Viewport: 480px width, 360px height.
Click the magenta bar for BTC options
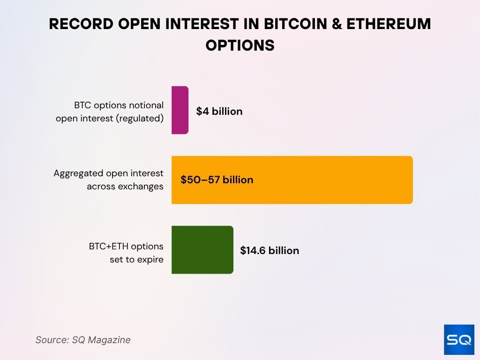pos(180,110)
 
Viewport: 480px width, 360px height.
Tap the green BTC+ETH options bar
pos(202,250)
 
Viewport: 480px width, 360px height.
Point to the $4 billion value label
pos(219,112)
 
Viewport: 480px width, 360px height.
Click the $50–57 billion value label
pos(217,180)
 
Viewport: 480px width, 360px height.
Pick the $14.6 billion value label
pos(270,251)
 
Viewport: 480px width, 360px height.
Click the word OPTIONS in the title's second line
pos(240,45)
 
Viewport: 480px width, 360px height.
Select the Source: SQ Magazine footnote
pos(83,340)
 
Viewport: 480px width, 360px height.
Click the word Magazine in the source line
pos(111,340)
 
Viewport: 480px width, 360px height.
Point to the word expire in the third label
pos(150,259)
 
